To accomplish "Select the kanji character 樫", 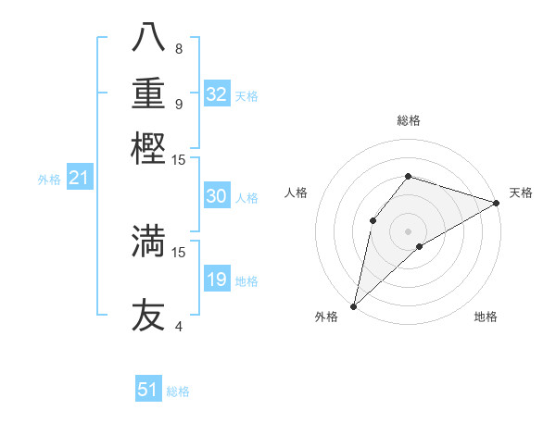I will [148, 148].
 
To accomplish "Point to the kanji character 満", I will [148, 241].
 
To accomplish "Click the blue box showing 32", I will [217, 94].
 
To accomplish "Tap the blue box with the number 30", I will [217, 196].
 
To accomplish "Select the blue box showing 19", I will [217, 280].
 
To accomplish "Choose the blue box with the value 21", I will [79, 179].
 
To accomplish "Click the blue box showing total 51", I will [148, 390].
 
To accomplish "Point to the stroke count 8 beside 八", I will [179, 48].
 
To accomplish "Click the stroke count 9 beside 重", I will [179, 104].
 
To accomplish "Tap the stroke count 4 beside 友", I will [179, 326].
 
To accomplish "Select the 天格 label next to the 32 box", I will [246, 96].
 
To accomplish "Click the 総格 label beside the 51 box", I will [178, 391].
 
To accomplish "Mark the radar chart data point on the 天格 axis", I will [497, 204].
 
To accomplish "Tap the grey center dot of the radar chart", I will [408, 230].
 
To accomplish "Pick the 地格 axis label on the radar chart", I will [486, 317].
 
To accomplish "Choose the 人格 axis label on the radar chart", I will [297, 193].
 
